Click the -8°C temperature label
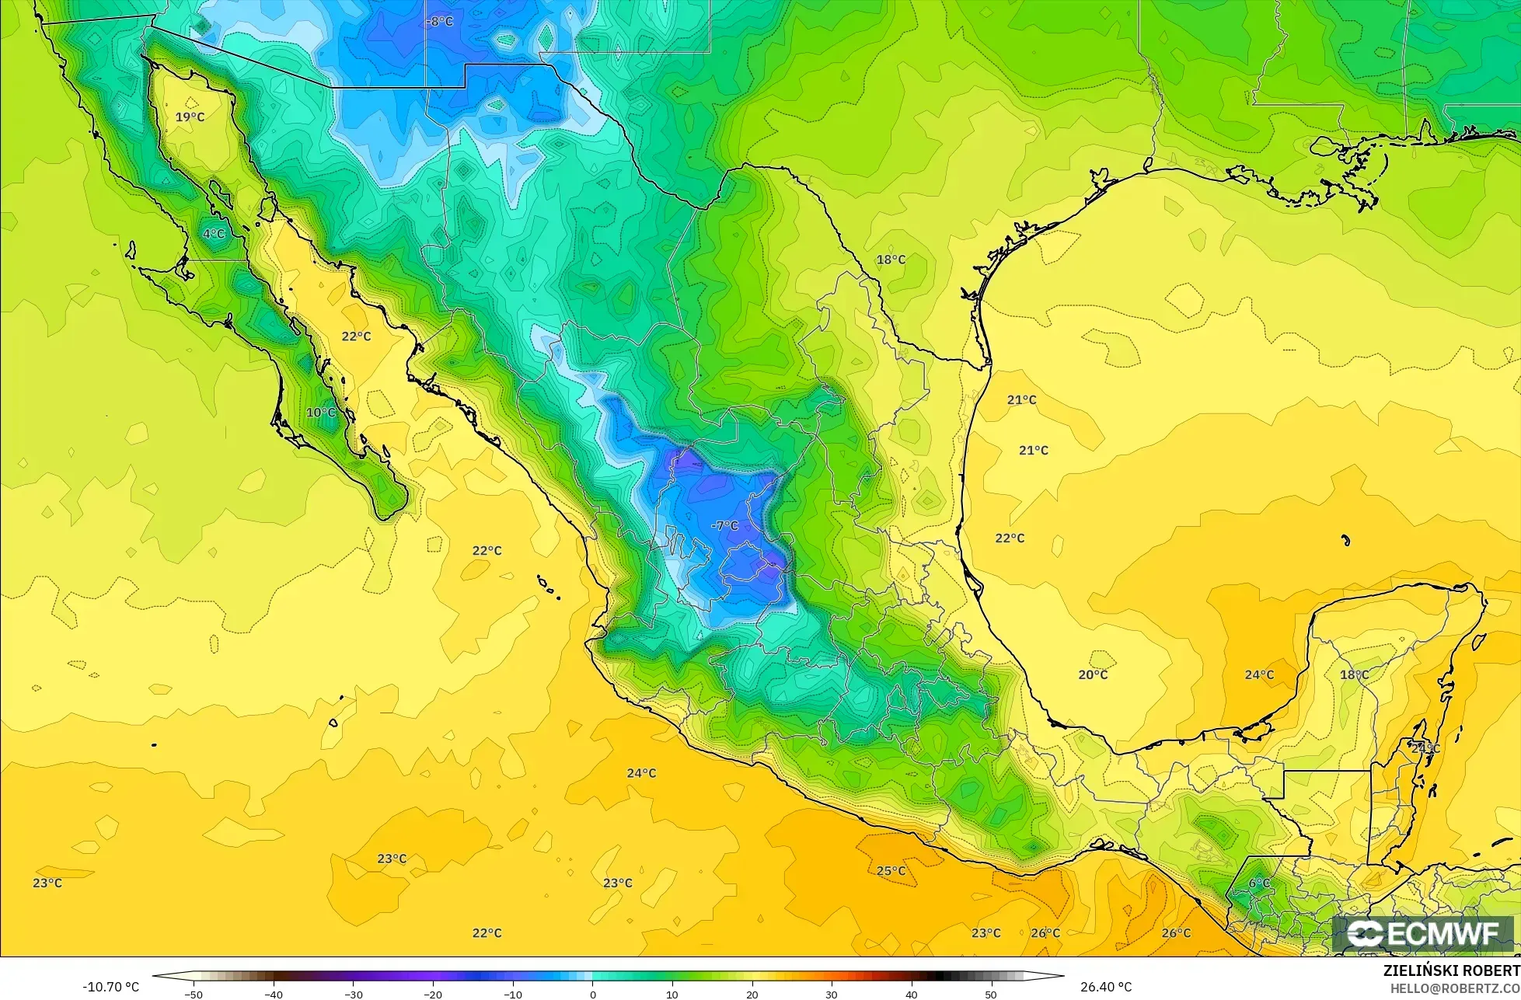pyautogui.click(x=440, y=22)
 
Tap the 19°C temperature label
pyautogui.click(x=190, y=117)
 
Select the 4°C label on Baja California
pyautogui.click(x=213, y=234)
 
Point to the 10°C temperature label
pyautogui.click(x=321, y=413)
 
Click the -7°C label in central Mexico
pyautogui.click(x=724, y=526)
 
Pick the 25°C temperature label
pyautogui.click(x=891, y=871)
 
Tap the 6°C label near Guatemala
pyautogui.click(x=1259, y=883)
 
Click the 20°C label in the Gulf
pyautogui.click(x=1093, y=675)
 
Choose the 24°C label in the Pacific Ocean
pyautogui.click(x=641, y=773)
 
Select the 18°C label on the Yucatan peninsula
pyautogui.click(x=1354, y=675)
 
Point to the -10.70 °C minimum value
pyautogui.click(x=110, y=988)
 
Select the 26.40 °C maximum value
pyautogui.click(x=1106, y=988)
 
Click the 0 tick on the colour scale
pyautogui.click(x=592, y=994)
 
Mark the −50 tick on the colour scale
pyautogui.click(x=194, y=994)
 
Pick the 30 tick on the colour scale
pyautogui.click(x=832, y=994)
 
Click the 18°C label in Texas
pyautogui.click(x=891, y=260)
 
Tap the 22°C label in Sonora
pyautogui.click(x=356, y=336)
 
